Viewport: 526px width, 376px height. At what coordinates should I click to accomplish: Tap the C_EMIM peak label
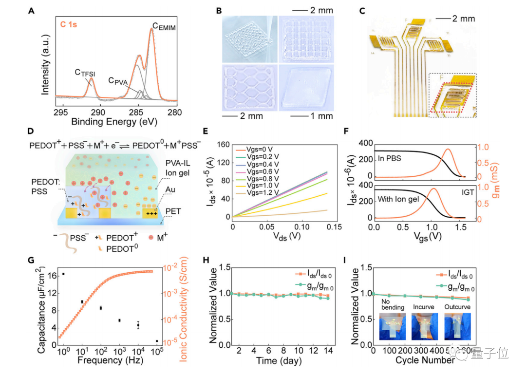[163, 28]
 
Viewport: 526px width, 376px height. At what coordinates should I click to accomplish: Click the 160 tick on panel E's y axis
[223, 144]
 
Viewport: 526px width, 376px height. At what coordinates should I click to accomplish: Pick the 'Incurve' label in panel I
[424, 307]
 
